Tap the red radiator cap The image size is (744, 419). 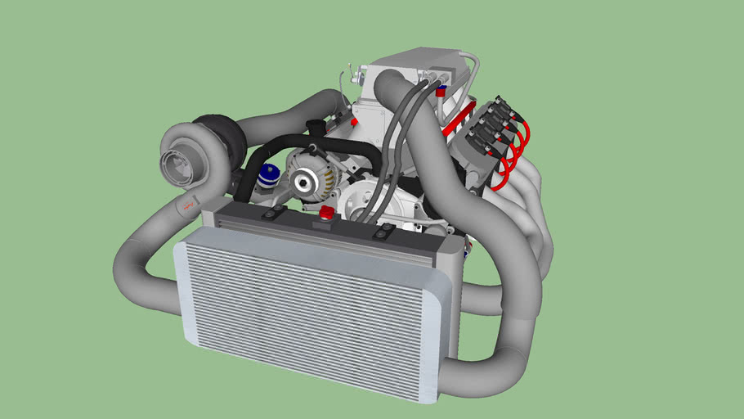point(327,214)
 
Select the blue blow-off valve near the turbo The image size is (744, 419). point(267,176)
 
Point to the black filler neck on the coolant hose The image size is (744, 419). point(312,128)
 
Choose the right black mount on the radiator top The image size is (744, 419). point(382,234)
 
